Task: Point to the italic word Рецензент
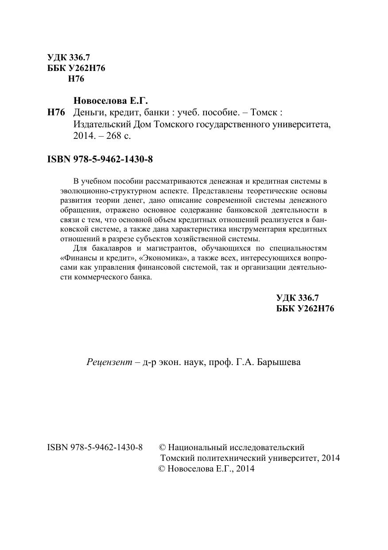[x=109, y=362]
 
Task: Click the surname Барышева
[x=279, y=362]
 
